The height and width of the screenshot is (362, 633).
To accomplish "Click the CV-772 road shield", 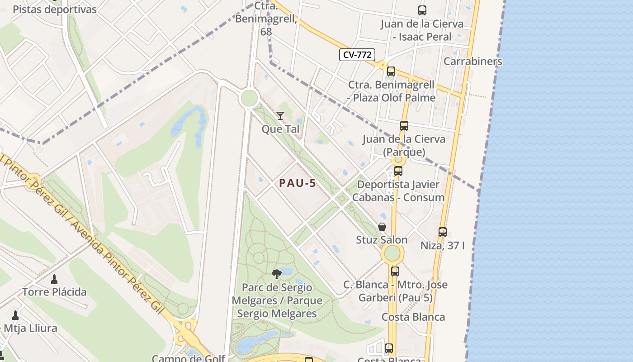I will click(x=357, y=55).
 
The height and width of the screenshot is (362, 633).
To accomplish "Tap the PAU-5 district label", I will click(x=297, y=183).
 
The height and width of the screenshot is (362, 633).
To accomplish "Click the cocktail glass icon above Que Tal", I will click(x=280, y=116).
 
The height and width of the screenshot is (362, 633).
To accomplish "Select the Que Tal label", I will click(x=280, y=129).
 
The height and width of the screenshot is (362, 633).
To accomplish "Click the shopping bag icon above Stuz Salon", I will click(x=382, y=227).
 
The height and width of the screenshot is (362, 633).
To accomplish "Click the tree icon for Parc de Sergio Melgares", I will click(x=277, y=274).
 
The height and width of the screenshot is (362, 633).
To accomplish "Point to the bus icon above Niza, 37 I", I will click(x=443, y=232).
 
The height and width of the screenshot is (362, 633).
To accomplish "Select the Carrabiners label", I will click(x=472, y=61).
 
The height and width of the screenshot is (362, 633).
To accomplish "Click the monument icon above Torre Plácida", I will click(x=54, y=279).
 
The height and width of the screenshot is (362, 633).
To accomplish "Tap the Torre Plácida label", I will click(x=54, y=292).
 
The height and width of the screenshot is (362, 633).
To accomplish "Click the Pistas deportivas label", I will click(x=54, y=10).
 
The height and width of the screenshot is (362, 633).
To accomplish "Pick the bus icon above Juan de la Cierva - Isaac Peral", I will click(x=422, y=10).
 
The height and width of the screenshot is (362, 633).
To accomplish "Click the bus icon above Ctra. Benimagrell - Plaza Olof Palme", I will click(x=391, y=71).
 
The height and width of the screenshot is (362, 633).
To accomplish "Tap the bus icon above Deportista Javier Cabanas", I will click(x=398, y=171).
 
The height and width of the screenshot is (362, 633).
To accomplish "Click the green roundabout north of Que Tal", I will click(x=249, y=98).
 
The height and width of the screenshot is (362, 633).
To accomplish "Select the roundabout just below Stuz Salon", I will click(x=392, y=253).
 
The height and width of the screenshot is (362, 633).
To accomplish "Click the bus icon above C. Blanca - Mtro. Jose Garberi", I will click(x=395, y=271).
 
